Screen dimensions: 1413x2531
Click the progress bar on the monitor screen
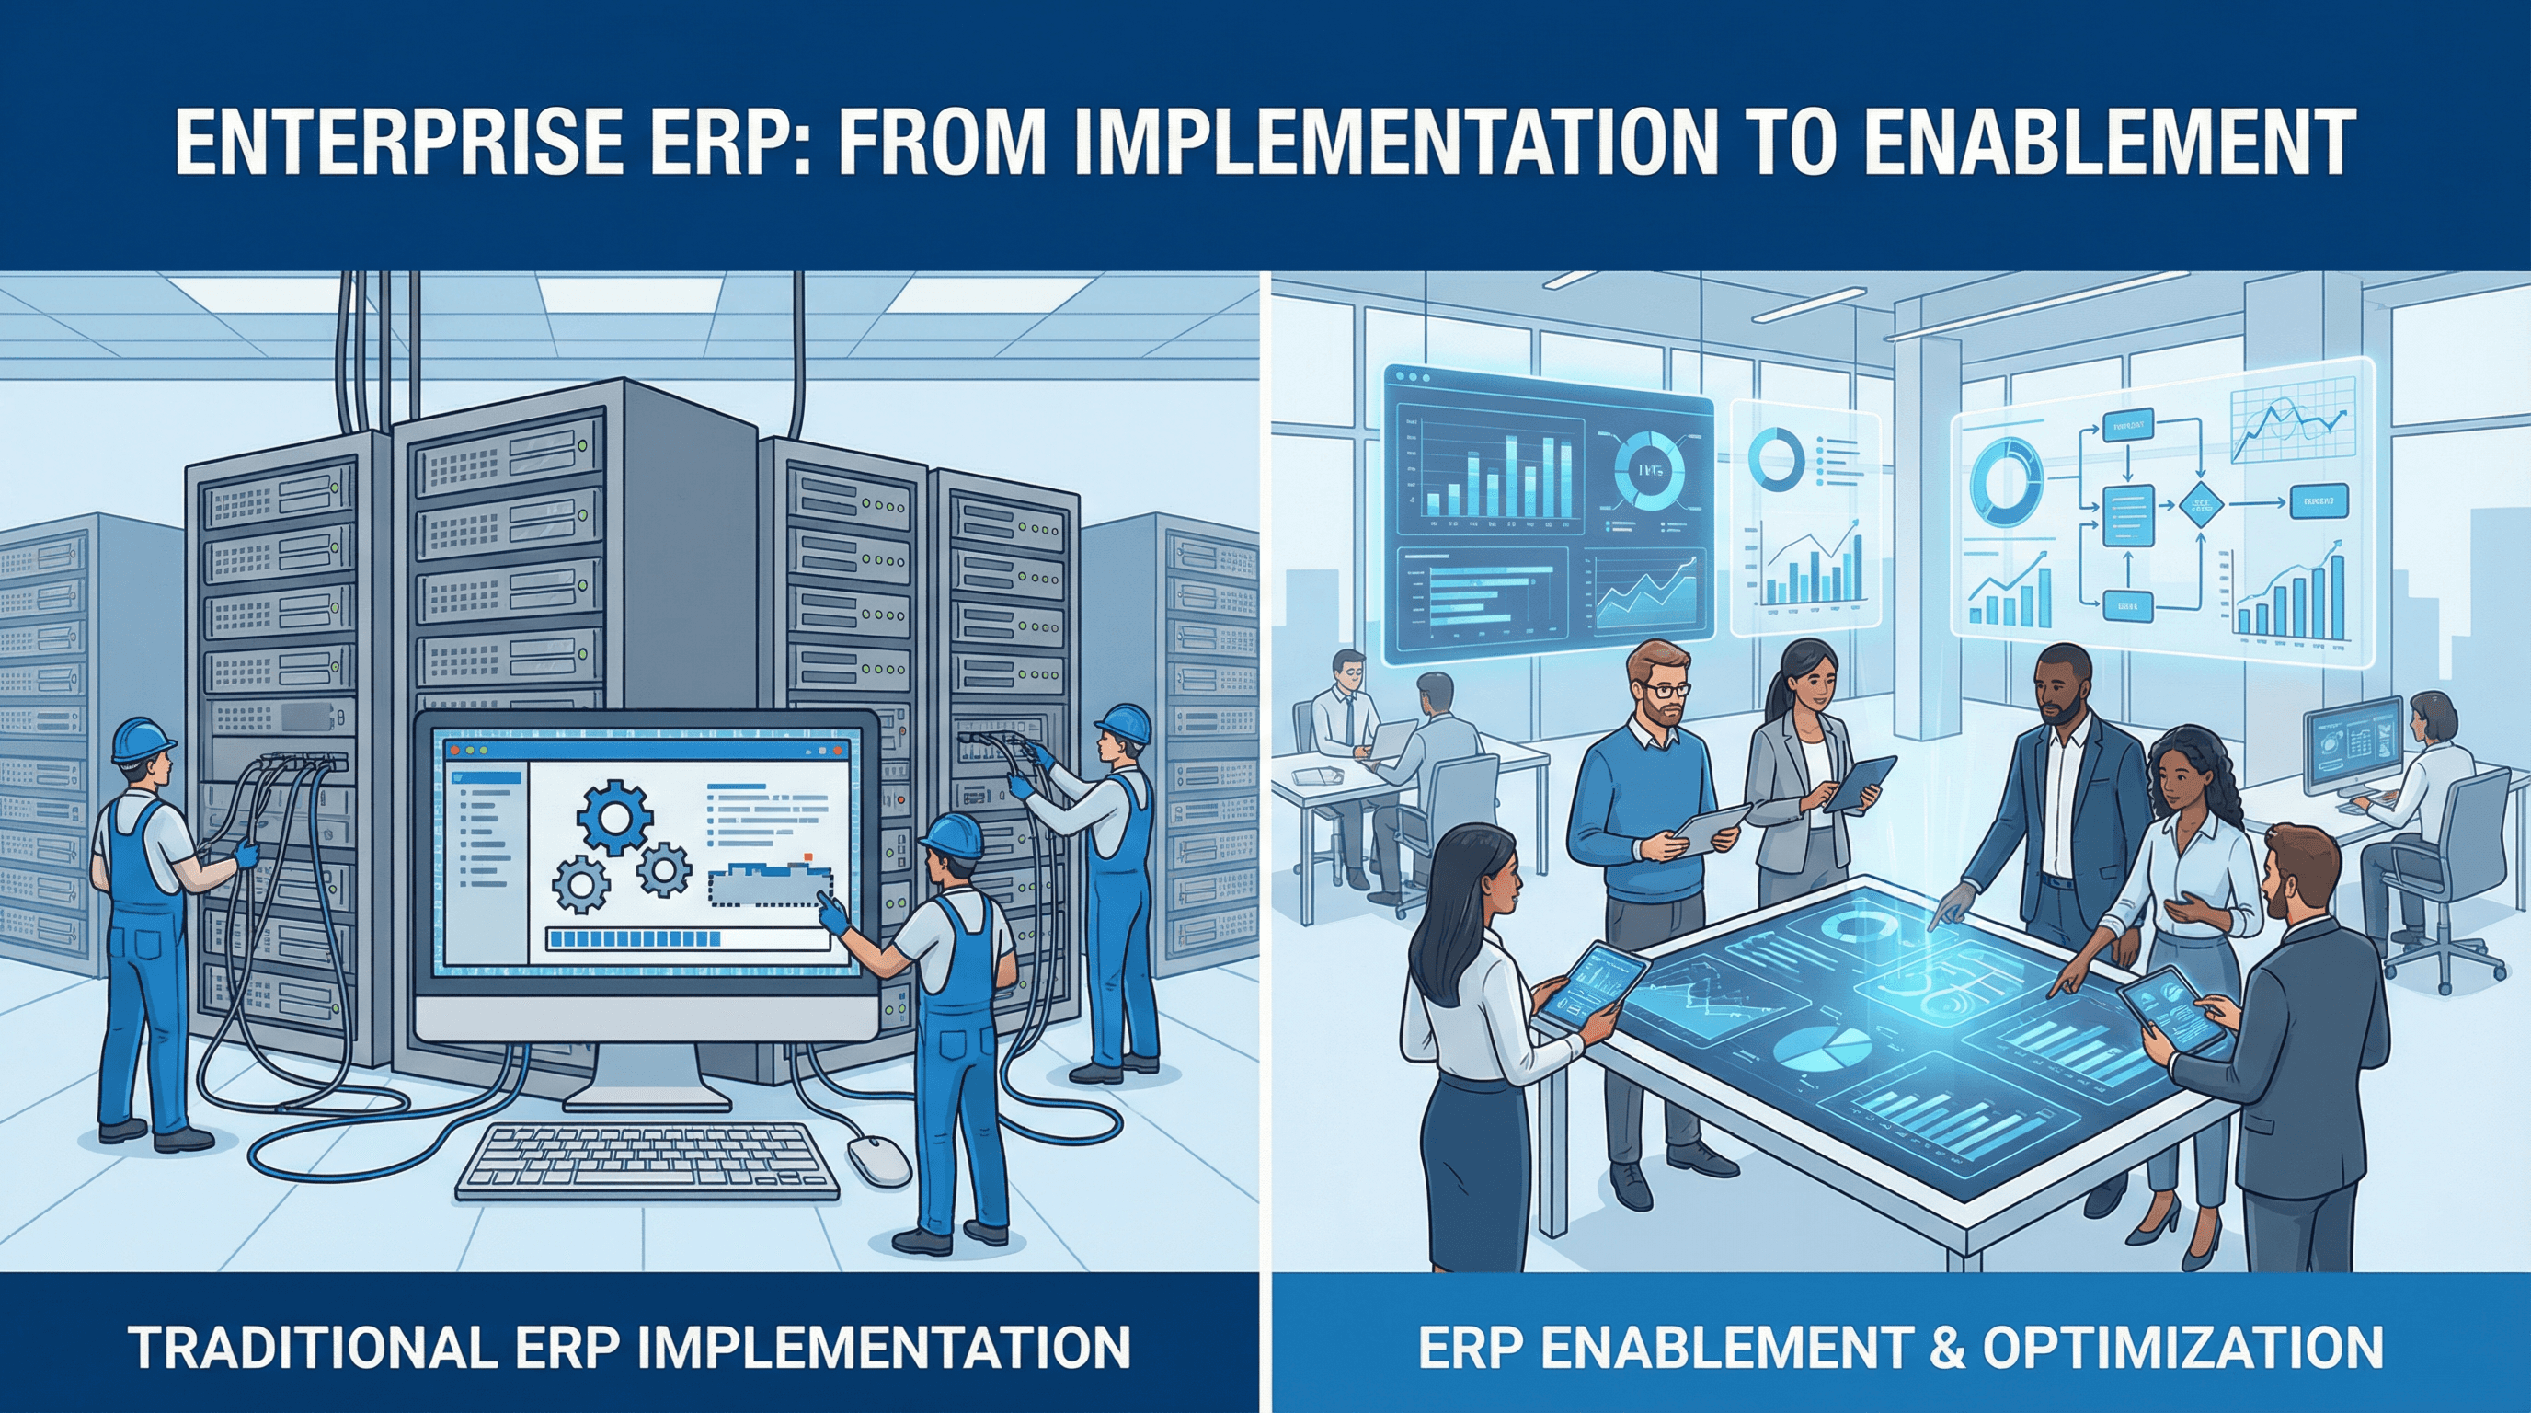tap(688, 938)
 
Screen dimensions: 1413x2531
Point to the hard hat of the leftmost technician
tap(142, 739)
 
